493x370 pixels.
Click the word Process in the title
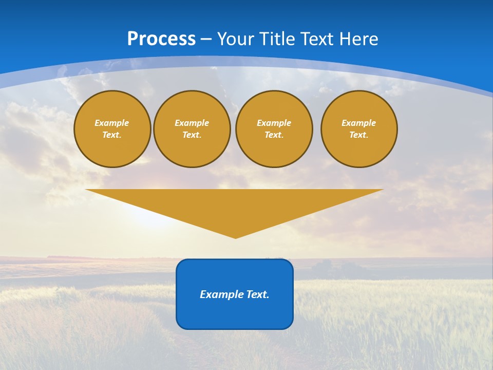pyautogui.click(x=161, y=39)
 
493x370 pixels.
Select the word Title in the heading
pyautogui.click(x=278, y=39)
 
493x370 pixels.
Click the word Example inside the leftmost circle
pyautogui.click(x=112, y=123)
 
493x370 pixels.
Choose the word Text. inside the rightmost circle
pyautogui.click(x=358, y=135)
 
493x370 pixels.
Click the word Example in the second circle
pyautogui.click(x=192, y=123)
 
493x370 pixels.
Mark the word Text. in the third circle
pyautogui.click(x=274, y=135)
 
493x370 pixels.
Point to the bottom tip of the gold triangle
pyautogui.click(x=235, y=237)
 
